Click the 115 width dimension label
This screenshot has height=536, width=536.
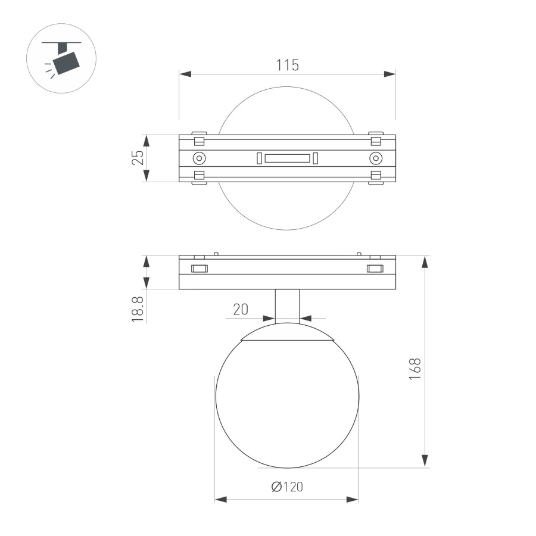pyautogui.click(x=287, y=65)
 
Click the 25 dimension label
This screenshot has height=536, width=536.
pyautogui.click(x=138, y=158)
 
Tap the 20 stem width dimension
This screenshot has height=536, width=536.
pyautogui.click(x=240, y=310)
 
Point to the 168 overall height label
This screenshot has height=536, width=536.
pyautogui.click(x=415, y=369)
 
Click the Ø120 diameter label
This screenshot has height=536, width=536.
pyautogui.click(x=287, y=487)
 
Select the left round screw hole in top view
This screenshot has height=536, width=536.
pyautogui.click(x=199, y=158)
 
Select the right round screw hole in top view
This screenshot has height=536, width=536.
pyautogui.click(x=375, y=158)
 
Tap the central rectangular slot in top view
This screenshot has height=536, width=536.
pyautogui.click(x=287, y=158)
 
